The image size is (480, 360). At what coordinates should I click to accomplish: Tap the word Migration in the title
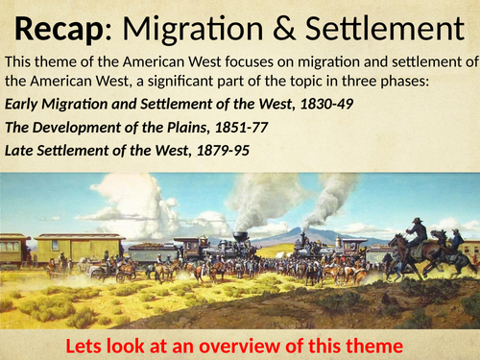point(199,26)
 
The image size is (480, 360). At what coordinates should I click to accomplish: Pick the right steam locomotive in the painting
point(308,248)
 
